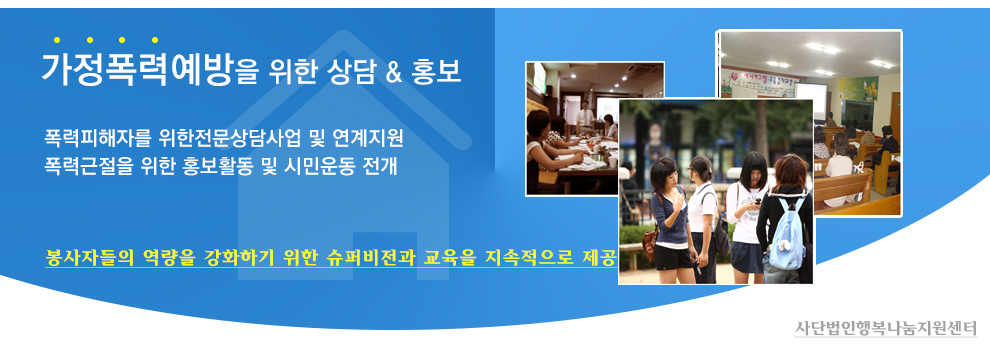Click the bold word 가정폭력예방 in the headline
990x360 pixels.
(x=136, y=69)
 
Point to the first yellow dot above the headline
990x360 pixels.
(x=57, y=40)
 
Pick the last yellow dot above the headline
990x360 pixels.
(x=155, y=40)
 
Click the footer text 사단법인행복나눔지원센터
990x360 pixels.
(x=885, y=328)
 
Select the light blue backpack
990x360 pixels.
(x=786, y=235)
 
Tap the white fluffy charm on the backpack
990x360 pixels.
(x=785, y=245)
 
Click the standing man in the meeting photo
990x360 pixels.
(x=585, y=116)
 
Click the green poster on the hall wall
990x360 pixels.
(x=858, y=88)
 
